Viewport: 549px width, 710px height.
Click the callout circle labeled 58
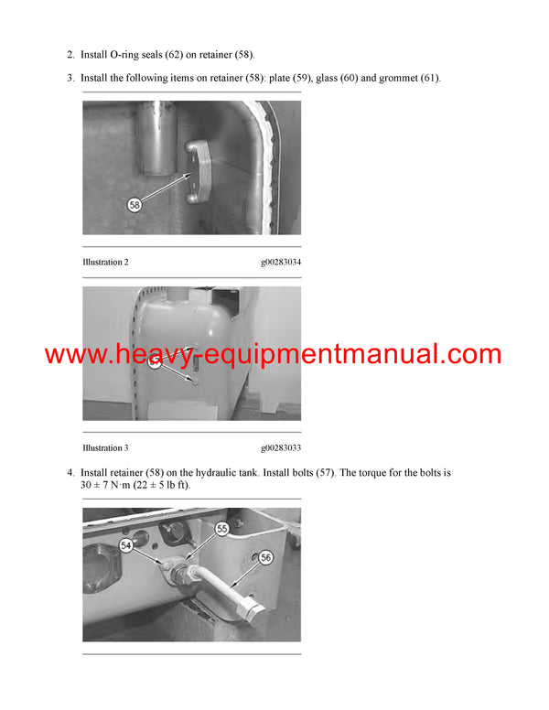(x=135, y=206)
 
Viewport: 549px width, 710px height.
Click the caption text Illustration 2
(x=105, y=263)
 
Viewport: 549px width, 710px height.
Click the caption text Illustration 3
(x=105, y=448)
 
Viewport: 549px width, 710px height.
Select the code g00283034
(x=280, y=263)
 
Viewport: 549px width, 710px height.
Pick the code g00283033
(x=280, y=448)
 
